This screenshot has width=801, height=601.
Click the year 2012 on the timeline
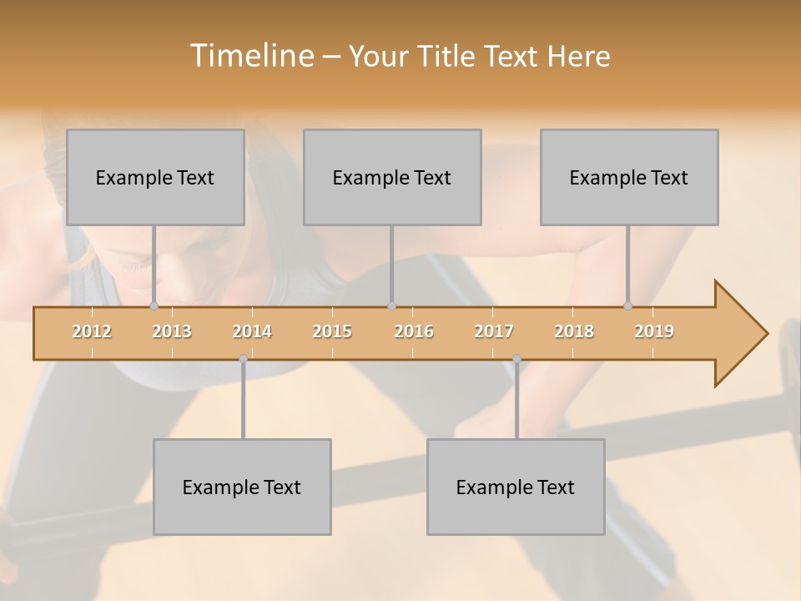(92, 331)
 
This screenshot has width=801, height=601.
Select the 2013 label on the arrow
(172, 331)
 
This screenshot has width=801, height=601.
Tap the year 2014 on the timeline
(252, 331)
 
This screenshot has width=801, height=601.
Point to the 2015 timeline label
(332, 331)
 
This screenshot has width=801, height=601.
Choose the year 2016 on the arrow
(414, 331)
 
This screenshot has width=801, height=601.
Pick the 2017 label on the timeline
(494, 331)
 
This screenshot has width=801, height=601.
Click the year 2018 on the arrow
(574, 331)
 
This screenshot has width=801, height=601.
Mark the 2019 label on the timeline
(654, 331)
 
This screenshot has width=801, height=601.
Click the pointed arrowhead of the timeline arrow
(743, 334)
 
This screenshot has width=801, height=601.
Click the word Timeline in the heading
(250, 56)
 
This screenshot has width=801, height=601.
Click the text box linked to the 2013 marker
(155, 177)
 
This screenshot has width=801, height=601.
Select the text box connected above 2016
(392, 177)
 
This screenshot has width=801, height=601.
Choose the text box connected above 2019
(629, 177)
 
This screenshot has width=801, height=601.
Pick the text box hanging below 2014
(242, 487)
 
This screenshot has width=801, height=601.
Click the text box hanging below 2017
(516, 487)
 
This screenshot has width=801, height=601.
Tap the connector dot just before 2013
(154, 306)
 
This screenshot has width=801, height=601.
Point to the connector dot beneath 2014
(243, 359)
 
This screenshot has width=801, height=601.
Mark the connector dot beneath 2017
(516, 359)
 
